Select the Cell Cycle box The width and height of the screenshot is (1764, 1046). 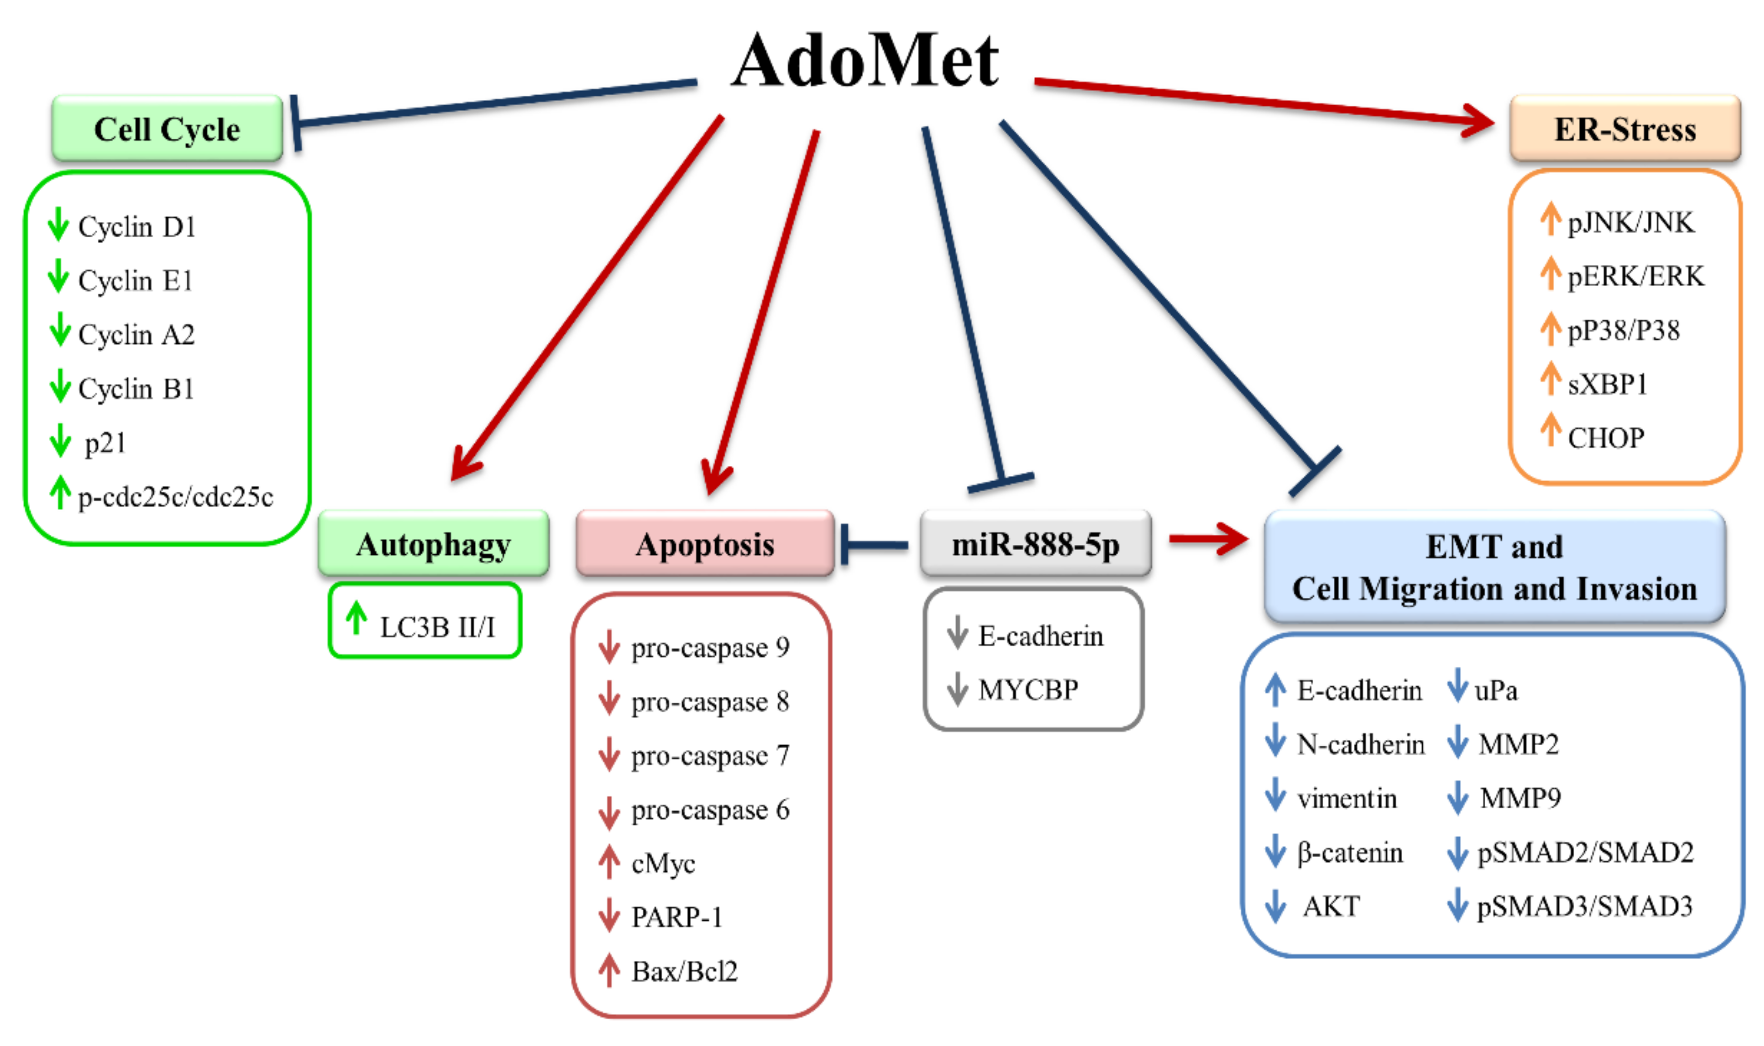tap(167, 129)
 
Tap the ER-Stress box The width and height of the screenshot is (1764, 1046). tap(1625, 129)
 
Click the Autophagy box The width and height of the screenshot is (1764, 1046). tap(433, 544)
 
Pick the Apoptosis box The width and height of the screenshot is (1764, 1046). tap(705, 544)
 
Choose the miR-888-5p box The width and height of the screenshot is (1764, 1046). tap(1035, 544)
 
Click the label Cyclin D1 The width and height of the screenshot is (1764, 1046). tap(137, 227)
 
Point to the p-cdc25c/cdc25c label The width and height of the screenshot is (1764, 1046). tap(176, 497)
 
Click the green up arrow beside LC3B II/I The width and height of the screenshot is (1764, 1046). tap(357, 618)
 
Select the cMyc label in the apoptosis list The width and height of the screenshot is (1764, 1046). tap(663, 864)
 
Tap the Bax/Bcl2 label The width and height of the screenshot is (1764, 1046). tap(684, 971)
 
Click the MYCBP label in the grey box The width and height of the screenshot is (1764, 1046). tap(1028, 689)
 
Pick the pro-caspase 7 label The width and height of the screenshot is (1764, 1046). tap(709, 756)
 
